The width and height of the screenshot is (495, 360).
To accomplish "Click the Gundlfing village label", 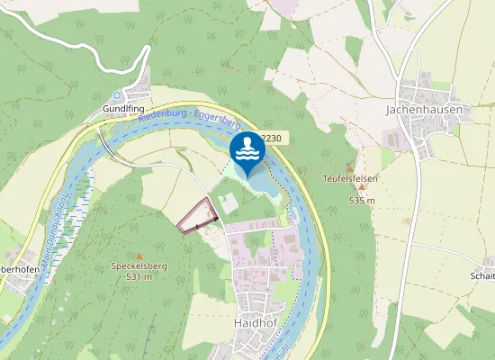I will click(123, 108).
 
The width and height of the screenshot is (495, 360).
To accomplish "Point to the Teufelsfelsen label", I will click(350, 178).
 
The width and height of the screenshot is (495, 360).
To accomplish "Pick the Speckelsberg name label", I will click(139, 266).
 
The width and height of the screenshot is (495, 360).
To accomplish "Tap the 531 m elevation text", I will click(139, 277).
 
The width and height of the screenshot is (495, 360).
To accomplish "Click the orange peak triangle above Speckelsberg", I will click(139, 256).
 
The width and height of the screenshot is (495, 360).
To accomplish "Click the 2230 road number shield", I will click(273, 138).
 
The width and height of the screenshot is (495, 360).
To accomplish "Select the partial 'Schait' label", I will click(482, 276).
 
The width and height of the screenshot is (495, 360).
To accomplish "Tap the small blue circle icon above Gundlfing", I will click(116, 94).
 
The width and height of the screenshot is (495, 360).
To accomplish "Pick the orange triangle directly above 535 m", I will click(350, 167).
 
